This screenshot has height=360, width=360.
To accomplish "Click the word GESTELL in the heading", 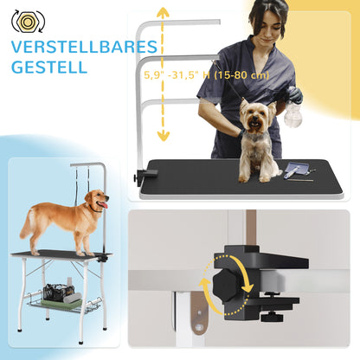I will tap(48, 67).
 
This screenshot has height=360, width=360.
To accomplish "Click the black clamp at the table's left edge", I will tap(140, 177).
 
